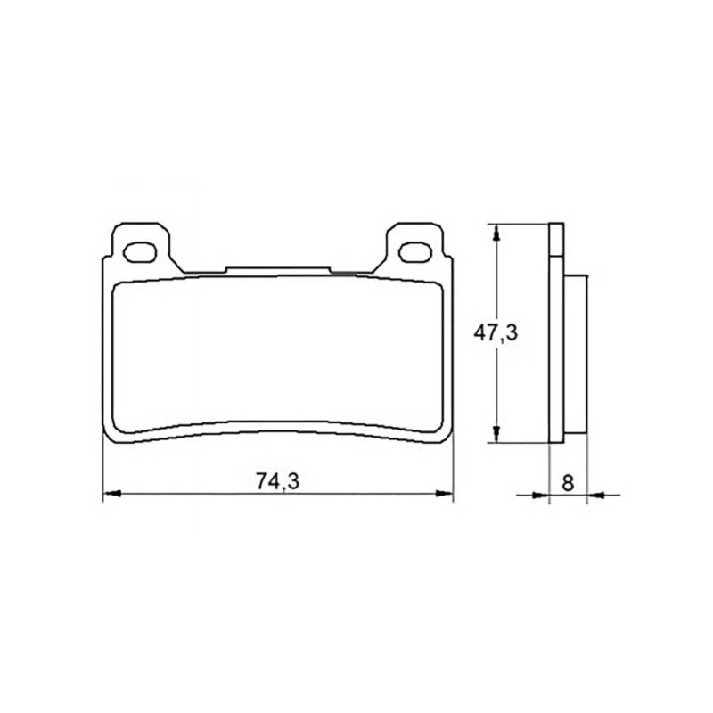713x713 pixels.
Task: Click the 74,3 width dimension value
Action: coord(278,481)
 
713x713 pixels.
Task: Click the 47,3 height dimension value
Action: coord(496,333)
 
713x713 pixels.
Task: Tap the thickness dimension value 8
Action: coord(568,482)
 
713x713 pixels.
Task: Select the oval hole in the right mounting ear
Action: coord(415,252)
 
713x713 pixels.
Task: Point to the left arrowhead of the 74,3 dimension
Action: coord(111,493)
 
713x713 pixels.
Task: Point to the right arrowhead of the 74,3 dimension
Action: coord(444,493)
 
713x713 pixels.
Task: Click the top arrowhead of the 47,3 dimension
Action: coord(497,232)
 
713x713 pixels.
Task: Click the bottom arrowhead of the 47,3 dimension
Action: coord(497,434)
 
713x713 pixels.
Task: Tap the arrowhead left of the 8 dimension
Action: coord(541,495)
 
